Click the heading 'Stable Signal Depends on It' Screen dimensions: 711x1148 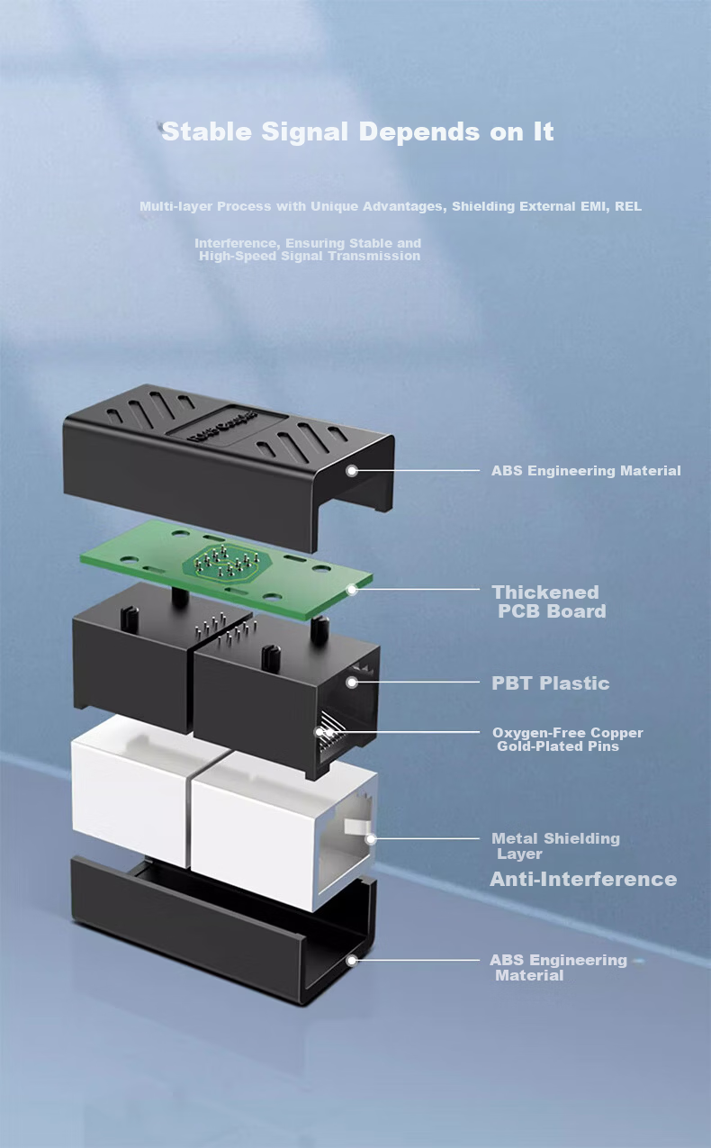(357, 131)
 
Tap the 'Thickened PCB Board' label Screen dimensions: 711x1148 (549, 601)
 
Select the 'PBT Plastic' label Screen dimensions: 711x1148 (551, 683)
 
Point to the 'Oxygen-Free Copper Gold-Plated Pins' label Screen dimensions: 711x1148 (568, 739)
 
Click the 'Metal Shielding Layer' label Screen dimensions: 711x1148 (556, 846)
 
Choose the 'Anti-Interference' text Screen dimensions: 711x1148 (583, 880)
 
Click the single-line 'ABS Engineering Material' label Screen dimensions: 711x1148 (586, 471)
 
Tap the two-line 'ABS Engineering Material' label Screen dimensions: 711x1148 (558, 968)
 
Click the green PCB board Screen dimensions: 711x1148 (227, 569)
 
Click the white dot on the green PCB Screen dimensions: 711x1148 (352, 590)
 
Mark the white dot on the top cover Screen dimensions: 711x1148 (351, 471)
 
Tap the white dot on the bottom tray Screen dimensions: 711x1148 (351, 961)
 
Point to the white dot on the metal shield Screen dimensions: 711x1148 (371, 839)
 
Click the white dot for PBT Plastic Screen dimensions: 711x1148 (351, 682)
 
